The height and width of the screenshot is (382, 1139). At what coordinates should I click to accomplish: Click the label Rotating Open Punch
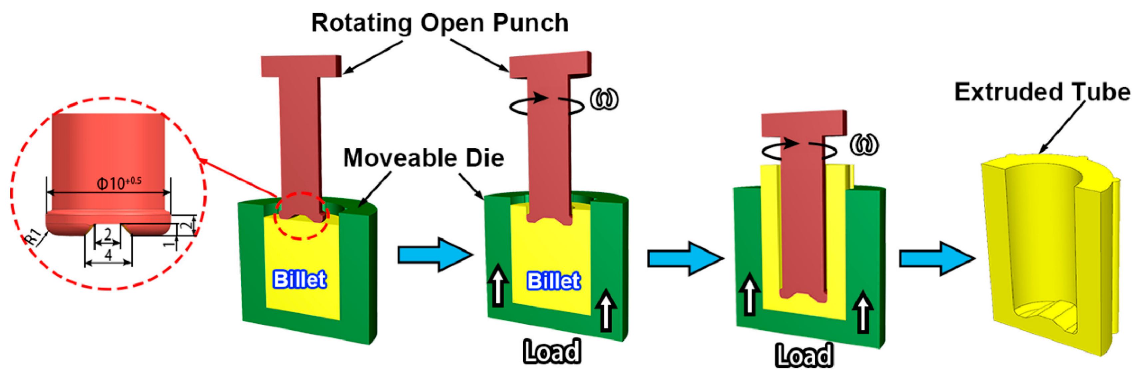click(440, 23)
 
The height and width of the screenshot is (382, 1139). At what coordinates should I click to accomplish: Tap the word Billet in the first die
click(300, 279)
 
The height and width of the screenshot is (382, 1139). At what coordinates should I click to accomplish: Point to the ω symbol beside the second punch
click(604, 100)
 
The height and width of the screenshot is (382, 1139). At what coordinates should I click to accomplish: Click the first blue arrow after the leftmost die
click(435, 255)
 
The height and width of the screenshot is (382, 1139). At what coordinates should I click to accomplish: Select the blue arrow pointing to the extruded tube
click(937, 259)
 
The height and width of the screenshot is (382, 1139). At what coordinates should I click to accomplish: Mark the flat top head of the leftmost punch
click(301, 66)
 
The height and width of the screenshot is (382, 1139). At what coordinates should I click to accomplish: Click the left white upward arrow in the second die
click(498, 285)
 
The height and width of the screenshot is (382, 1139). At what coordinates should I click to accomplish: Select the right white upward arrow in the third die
click(863, 312)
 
